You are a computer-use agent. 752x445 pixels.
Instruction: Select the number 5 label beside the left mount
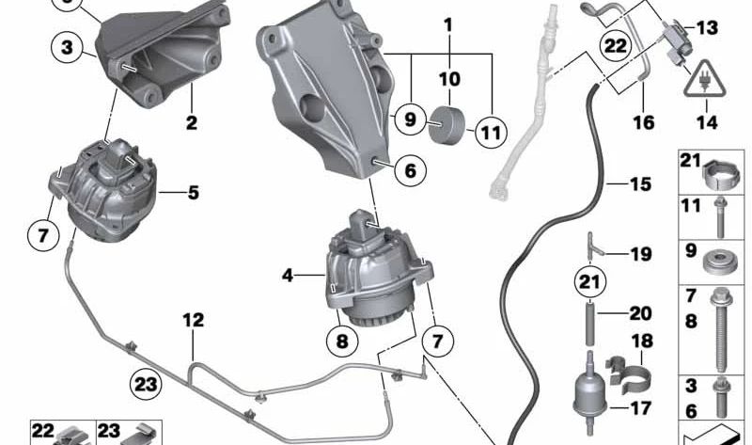click(x=193, y=193)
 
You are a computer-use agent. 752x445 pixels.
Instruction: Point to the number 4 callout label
click(x=288, y=276)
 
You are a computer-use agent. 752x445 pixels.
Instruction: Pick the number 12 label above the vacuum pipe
click(x=193, y=321)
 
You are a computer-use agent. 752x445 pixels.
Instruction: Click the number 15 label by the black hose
click(x=640, y=184)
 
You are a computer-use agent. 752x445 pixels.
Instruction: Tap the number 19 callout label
click(x=640, y=254)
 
